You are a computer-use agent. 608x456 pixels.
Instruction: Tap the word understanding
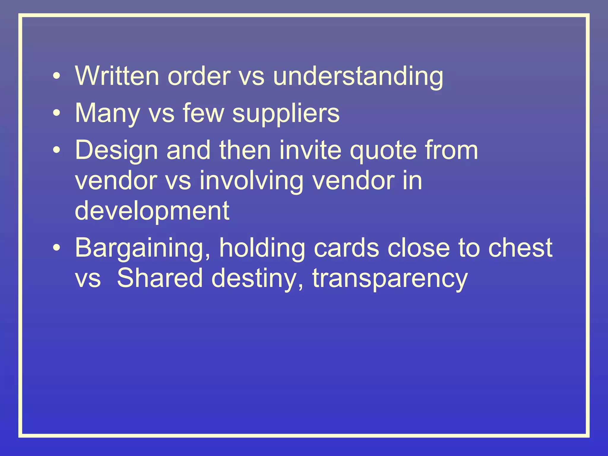click(x=358, y=77)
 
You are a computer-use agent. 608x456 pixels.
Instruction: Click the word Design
click(x=116, y=151)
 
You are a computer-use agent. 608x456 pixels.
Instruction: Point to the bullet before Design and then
click(x=56, y=150)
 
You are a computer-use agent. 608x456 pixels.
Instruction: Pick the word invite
click(x=310, y=150)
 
